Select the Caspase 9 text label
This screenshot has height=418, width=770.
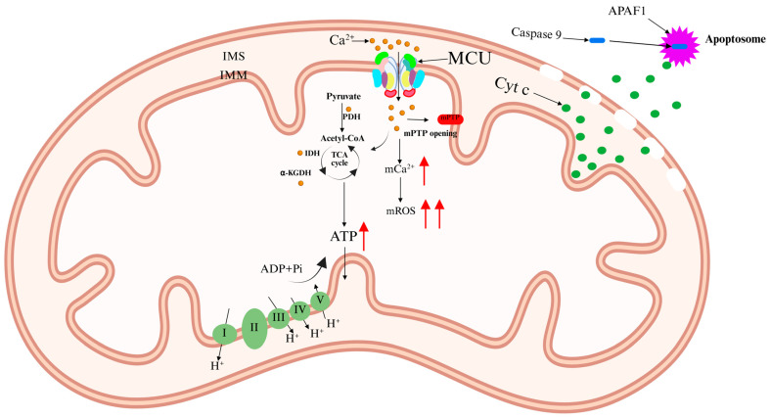541,33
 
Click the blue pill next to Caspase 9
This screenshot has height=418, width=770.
596,40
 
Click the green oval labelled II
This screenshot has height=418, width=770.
254,328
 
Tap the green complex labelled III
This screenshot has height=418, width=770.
280,316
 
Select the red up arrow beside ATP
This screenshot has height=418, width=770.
364,236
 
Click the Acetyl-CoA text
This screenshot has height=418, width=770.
341,137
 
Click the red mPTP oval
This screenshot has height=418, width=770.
449,117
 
